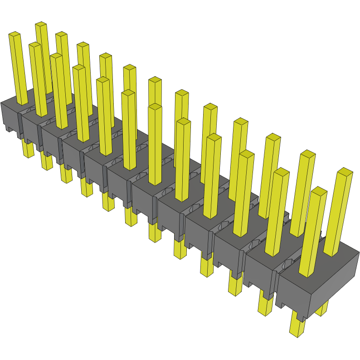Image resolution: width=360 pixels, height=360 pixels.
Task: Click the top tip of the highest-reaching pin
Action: [41, 24]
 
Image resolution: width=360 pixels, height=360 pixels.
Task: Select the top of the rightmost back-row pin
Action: [345, 171]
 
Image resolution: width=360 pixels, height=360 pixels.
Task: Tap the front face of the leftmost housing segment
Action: [9, 117]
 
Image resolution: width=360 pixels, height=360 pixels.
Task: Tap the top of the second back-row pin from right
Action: [307, 154]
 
